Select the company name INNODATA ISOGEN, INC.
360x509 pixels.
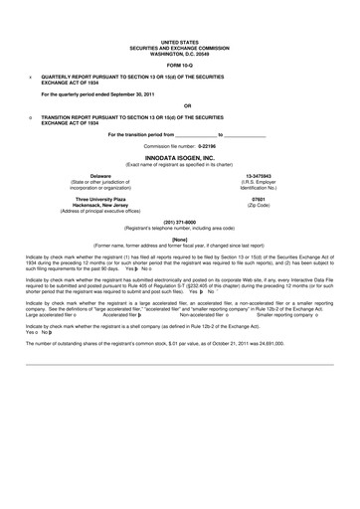[x=180, y=157]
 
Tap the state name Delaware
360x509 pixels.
[x=72, y=175]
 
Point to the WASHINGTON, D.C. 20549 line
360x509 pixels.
[x=180, y=51]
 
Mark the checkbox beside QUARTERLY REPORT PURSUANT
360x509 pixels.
[x=31, y=76]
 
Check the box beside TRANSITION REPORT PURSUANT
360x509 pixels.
[x=31, y=116]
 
